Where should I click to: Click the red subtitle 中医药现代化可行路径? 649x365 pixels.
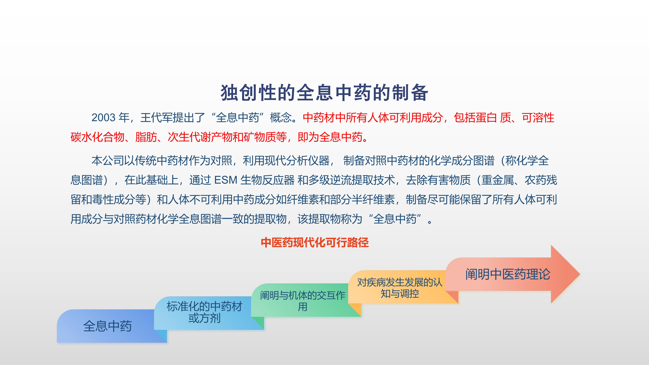click(x=315, y=243)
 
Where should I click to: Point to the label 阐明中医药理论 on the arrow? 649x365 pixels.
click(x=508, y=274)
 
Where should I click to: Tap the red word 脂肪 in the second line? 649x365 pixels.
click(x=146, y=137)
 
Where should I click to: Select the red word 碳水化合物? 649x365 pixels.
click(x=98, y=137)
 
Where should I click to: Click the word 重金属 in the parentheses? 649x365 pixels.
click(x=498, y=180)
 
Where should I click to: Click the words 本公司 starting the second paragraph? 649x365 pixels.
click(x=108, y=161)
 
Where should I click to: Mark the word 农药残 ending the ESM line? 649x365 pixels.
click(x=541, y=180)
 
